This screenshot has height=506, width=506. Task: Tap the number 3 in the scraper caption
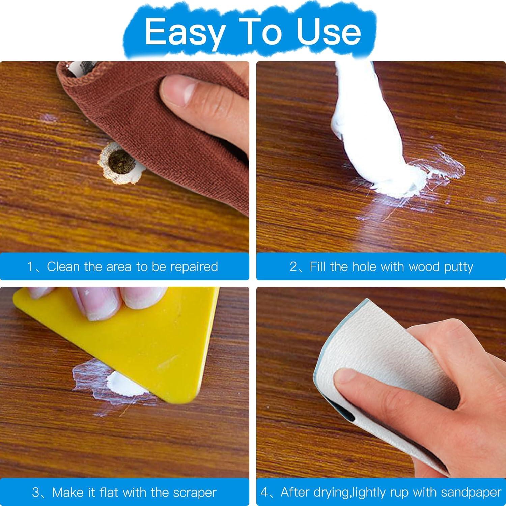pyautogui.click(x=36, y=493)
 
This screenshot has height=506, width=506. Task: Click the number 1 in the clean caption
pyautogui.click(x=31, y=267)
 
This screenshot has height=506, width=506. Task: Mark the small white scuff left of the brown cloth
pyautogui.click(x=49, y=118)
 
